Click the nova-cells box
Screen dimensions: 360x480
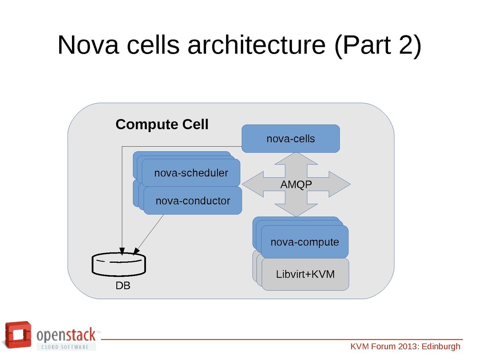coord(291,139)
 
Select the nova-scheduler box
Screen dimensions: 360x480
coord(191,173)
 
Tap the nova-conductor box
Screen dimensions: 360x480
coord(193,200)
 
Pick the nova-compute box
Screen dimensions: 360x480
coord(305,242)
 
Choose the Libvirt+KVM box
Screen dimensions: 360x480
coord(305,274)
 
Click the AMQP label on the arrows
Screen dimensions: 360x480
coord(296,185)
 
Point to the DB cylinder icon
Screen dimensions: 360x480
coord(119,264)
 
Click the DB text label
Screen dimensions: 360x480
coord(123,286)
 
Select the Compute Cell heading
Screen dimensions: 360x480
coord(162,124)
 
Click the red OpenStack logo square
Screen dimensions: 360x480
coord(18,334)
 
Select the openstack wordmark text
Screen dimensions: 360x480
coord(66,334)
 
